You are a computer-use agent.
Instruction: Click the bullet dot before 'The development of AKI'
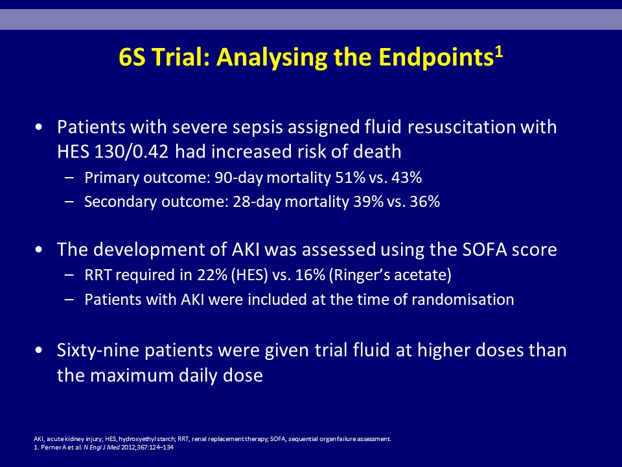[x=38, y=250]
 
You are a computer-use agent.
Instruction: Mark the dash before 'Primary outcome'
[x=69, y=178]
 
